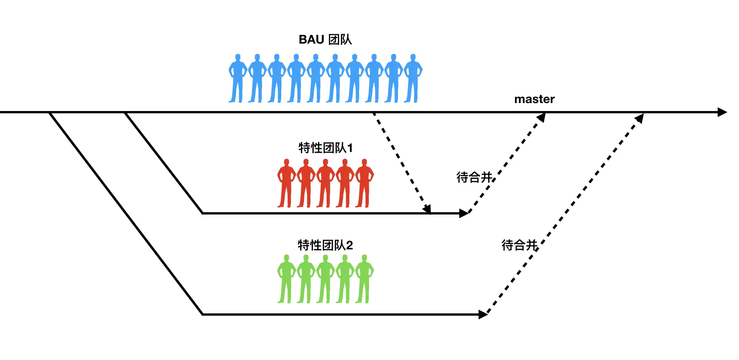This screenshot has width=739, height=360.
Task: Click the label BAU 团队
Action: point(325,39)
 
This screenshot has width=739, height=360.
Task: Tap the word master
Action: point(534,99)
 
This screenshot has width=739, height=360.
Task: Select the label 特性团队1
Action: point(325,148)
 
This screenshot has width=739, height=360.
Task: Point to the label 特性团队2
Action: point(325,245)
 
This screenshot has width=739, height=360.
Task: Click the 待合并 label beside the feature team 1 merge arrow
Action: point(474,177)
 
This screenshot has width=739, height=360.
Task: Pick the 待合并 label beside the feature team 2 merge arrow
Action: point(519,245)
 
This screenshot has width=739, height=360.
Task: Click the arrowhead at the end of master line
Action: point(722,112)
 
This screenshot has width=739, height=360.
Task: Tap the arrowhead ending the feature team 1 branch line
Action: point(464,213)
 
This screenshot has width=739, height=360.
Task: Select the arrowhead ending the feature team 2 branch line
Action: point(483,315)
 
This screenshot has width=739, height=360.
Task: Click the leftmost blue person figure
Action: point(238,78)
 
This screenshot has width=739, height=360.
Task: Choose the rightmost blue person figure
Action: point(413,78)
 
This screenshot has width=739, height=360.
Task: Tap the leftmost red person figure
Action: point(286,183)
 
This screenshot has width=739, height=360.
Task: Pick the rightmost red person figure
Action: point(364,183)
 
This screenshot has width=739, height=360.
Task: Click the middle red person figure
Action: point(325,183)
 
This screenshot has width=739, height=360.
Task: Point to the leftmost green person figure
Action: point(286,279)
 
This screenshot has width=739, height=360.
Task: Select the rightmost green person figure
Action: point(364,279)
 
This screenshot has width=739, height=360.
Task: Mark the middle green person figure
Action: point(325,279)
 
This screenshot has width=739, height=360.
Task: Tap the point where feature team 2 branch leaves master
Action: point(50,113)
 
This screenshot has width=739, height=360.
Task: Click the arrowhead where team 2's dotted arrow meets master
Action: point(640,118)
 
